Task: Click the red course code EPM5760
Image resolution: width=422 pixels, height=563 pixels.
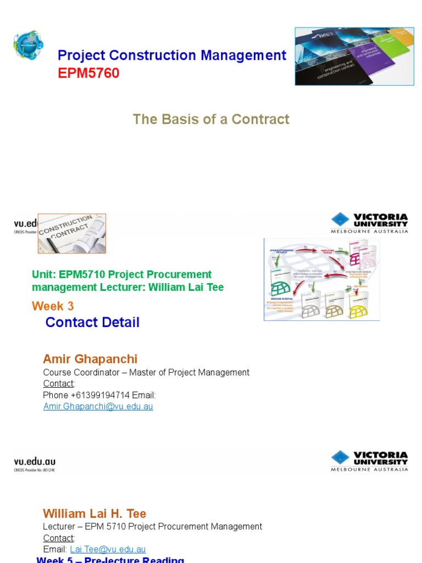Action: coord(88,73)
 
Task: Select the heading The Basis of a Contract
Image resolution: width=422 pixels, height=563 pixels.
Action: coord(211,119)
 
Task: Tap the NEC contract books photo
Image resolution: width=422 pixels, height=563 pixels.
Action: coord(354,56)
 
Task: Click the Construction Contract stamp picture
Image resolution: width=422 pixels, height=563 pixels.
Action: coord(71,233)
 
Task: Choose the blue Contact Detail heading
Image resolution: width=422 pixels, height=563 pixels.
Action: coord(92,322)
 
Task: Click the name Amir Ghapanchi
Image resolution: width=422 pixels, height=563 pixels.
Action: coord(90,359)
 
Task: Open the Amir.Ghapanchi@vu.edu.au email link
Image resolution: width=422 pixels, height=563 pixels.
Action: coord(98,406)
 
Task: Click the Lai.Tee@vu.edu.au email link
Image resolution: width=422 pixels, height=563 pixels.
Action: coord(108,549)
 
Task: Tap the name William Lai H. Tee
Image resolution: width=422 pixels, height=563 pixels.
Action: coord(95,514)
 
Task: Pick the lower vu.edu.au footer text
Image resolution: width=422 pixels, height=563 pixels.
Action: coord(34,462)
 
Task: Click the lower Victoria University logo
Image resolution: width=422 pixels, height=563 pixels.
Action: coord(369,461)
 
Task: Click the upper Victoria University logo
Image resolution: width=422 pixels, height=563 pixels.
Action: coord(369,223)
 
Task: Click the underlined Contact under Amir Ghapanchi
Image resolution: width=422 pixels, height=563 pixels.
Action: coord(58,383)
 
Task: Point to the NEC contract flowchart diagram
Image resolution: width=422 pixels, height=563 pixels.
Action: coord(321,279)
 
